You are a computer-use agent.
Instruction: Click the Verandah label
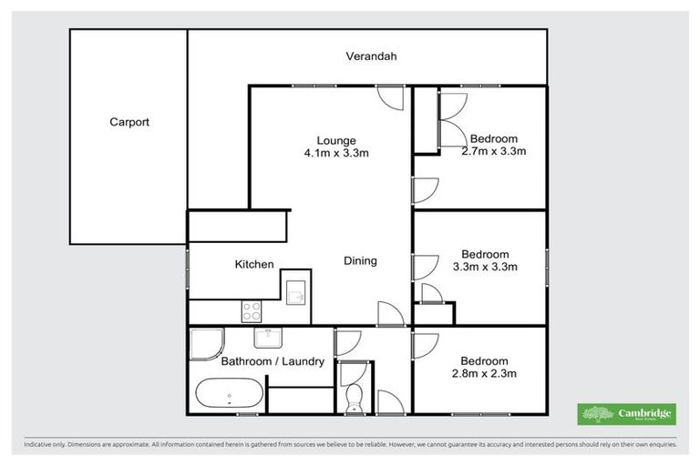coord(371,56)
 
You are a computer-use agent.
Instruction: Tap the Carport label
coord(129,122)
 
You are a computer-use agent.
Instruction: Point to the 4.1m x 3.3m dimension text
coord(335,153)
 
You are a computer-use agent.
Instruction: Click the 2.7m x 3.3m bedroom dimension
coord(494,152)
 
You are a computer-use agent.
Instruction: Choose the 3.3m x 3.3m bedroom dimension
coord(486,267)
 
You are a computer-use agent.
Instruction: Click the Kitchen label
coord(254,264)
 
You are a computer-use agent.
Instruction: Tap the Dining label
coord(360,261)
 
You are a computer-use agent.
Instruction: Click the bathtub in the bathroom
coord(230,395)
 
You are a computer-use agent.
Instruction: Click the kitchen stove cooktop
coord(252,311)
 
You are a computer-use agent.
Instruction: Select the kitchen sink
coord(295,292)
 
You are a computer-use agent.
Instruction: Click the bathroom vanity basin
coord(268,339)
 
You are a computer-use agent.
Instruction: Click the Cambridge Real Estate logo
coord(626,414)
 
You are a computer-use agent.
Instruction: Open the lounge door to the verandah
coord(390,96)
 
